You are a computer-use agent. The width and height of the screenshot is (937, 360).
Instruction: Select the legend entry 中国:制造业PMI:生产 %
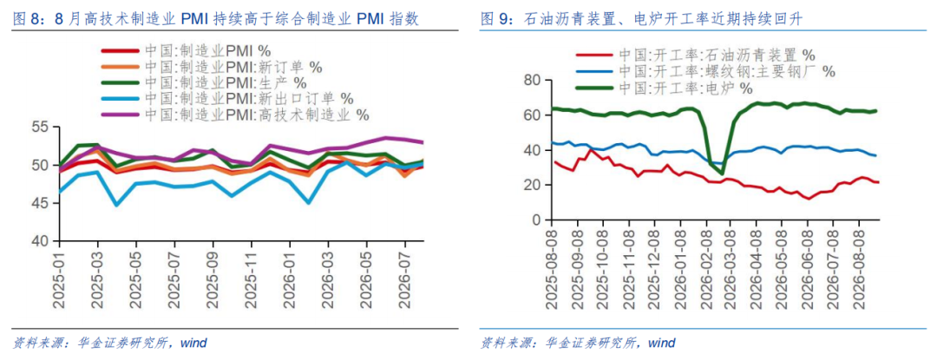tap(204, 82)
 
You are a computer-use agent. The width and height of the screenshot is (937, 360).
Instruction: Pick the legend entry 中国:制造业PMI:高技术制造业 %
tap(235, 114)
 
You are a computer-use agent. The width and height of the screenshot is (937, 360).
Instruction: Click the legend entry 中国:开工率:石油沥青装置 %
tap(696, 56)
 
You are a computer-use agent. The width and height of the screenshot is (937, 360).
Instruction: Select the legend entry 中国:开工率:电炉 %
tap(664, 88)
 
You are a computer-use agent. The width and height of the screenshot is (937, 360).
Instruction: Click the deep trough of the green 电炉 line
tap(722, 173)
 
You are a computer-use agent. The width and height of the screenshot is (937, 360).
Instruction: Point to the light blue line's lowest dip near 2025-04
tap(116, 205)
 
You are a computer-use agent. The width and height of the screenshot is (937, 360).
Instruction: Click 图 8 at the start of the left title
tap(26, 20)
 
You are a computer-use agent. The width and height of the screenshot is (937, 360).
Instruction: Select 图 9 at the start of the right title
tap(494, 20)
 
